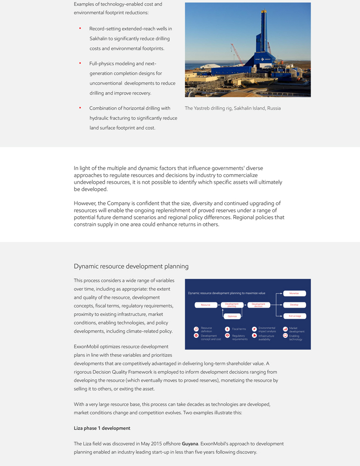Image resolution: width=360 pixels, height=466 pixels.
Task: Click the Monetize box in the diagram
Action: point(294,294)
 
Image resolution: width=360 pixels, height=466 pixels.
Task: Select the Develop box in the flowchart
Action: point(294,305)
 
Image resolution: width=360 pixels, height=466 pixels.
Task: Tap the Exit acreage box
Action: point(294,316)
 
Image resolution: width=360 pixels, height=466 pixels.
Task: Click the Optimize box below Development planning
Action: point(232,316)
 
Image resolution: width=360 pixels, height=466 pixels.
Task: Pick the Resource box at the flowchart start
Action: point(205,305)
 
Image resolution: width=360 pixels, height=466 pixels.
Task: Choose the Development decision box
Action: point(258,305)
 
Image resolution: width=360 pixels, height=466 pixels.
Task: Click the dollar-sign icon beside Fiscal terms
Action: point(227,329)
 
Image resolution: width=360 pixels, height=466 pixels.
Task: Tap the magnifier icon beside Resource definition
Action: point(196,329)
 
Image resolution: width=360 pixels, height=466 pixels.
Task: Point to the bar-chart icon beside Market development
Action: point(285,329)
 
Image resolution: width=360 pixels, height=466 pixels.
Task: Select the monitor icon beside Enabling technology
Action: point(285,336)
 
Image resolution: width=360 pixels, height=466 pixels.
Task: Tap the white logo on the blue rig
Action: point(262,59)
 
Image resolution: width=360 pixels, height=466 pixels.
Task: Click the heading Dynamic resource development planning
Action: point(131,267)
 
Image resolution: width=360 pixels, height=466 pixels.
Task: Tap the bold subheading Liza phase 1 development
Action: point(102,428)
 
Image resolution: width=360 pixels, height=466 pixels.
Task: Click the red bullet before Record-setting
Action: point(80,28)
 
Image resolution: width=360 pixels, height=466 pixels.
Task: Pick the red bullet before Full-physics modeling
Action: point(80,63)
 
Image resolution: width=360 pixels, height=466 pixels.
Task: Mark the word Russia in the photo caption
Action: point(273,108)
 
